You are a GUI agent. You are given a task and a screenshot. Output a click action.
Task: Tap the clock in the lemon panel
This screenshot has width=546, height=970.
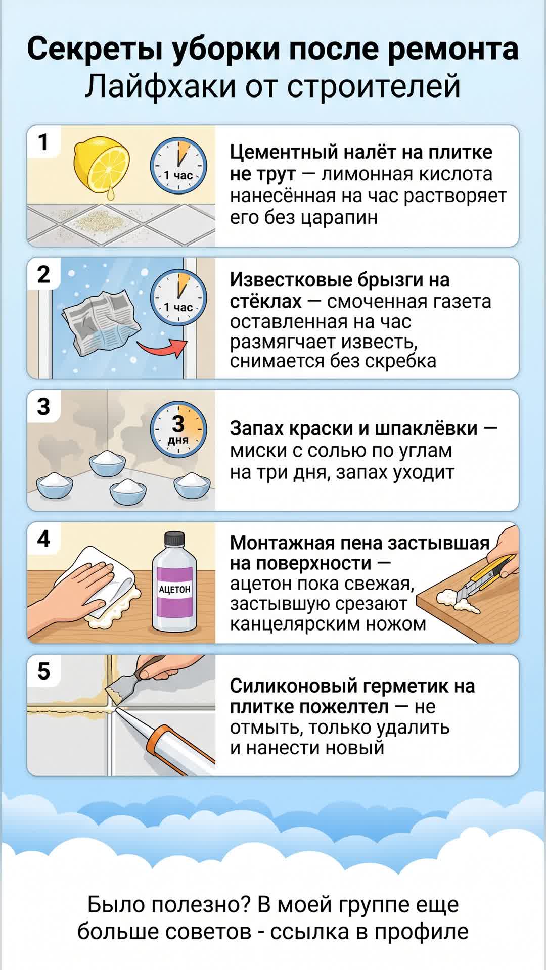178,165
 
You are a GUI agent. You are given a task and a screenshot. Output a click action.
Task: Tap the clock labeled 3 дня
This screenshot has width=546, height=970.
178,429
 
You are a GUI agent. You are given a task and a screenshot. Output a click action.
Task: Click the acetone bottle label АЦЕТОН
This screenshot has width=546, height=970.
174,589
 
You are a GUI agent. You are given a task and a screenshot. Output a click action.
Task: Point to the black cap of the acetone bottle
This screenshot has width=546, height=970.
174,539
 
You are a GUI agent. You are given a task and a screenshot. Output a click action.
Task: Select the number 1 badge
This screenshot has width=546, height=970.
44,142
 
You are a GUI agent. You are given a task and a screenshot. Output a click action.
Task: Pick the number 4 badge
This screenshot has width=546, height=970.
44,539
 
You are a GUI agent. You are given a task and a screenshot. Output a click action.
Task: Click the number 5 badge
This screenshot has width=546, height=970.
44,671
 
